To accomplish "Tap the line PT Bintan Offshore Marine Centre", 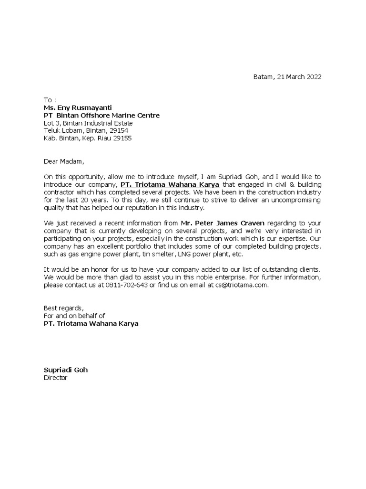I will (x=102, y=116).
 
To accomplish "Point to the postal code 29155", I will (x=122, y=138).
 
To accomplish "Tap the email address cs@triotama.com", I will (x=236, y=285).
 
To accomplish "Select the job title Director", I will (x=56, y=378).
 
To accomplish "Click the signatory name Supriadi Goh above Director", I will (x=66, y=370).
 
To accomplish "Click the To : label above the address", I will (x=50, y=100).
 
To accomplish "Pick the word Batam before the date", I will (x=263, y=77).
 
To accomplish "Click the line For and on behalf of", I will (x=74, y=316).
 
